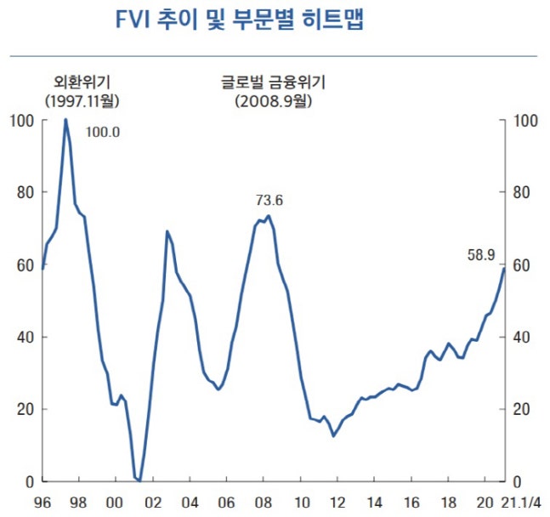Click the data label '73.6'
[269, 201]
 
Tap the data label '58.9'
[482, 253]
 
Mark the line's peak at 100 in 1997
[65, 120]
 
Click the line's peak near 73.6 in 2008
[269, 216]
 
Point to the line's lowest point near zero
[139, 480]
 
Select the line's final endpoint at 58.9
[503, 269]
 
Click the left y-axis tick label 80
[23, 192]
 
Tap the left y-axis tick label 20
[23, 409]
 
